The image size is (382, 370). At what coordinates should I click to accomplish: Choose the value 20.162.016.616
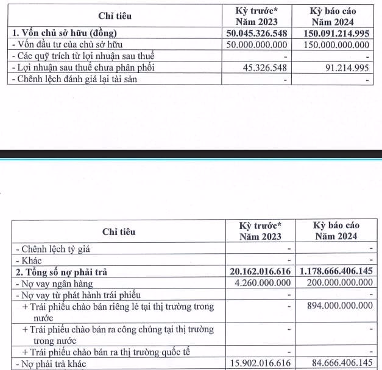(x=260, y=271)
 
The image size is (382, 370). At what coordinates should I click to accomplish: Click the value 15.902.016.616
(x=260, y=364)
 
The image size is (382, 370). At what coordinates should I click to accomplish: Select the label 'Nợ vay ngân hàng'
(x=55, y=283)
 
